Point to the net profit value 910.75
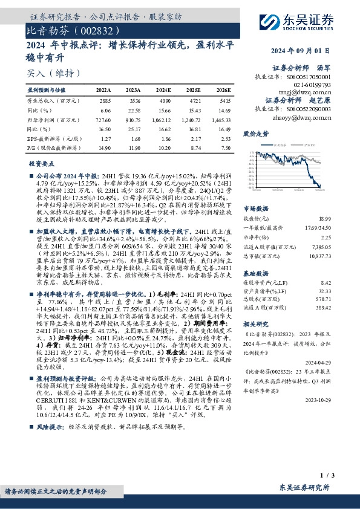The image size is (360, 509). (x=132, y=121)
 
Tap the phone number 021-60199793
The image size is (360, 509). (x=312, y=85)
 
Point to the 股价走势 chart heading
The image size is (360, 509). (x=255, y=132)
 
